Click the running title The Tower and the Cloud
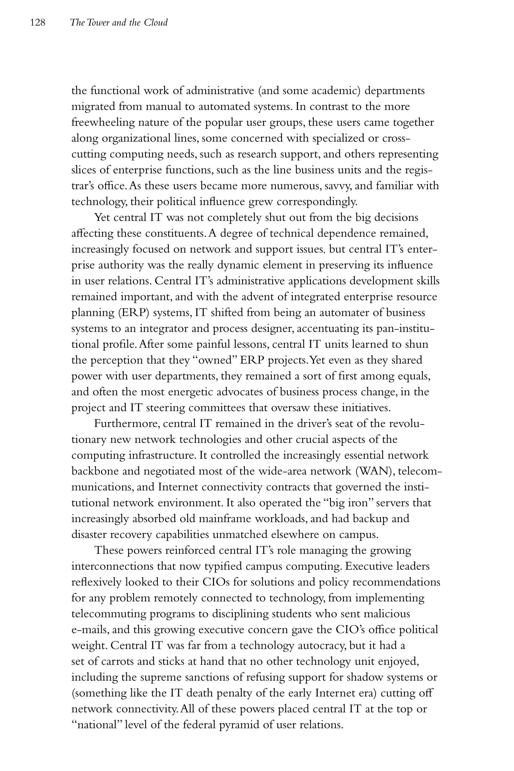119,23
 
